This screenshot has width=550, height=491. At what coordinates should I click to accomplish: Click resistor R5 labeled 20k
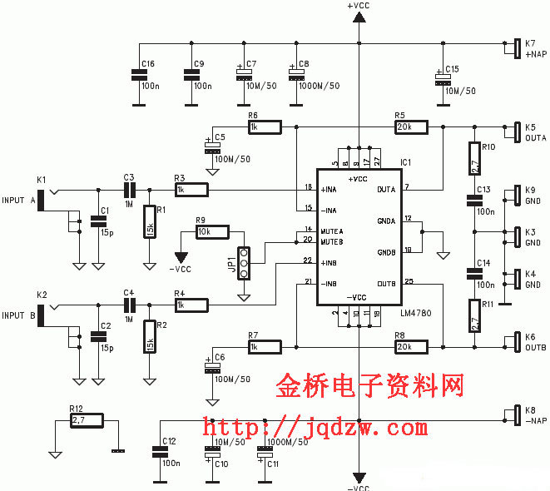click(x=411, y=126)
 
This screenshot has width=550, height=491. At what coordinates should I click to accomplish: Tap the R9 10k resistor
click(x=213, y=232)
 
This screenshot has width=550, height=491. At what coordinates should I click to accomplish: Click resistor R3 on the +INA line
click(x=191, y=190)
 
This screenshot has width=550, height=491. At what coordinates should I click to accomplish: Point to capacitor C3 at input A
click(x=128, y=190)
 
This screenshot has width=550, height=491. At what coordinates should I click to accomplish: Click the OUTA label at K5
click(x=535, y=137)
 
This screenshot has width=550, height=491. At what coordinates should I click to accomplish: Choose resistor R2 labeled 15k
click(x=149, y=335)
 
